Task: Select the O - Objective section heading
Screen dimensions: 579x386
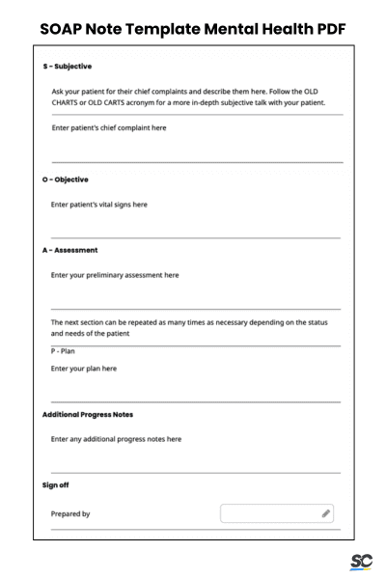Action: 65,179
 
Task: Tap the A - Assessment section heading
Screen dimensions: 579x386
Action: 69,250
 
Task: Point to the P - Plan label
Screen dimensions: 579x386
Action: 63,351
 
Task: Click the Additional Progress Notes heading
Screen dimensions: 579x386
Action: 88,414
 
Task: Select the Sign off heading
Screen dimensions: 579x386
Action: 56,484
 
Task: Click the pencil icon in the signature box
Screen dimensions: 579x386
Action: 326,513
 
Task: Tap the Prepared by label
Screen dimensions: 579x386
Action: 70,514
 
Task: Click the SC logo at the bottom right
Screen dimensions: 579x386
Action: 361,562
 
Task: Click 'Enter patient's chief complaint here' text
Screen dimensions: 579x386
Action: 109,128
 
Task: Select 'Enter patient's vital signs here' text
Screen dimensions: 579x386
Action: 99,205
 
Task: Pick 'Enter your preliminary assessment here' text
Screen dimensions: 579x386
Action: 115,275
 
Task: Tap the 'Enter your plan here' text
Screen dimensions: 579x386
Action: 84,369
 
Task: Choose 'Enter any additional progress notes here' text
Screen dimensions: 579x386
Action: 116,439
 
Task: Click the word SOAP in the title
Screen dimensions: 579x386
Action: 68,28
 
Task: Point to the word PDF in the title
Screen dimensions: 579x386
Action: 324,28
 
